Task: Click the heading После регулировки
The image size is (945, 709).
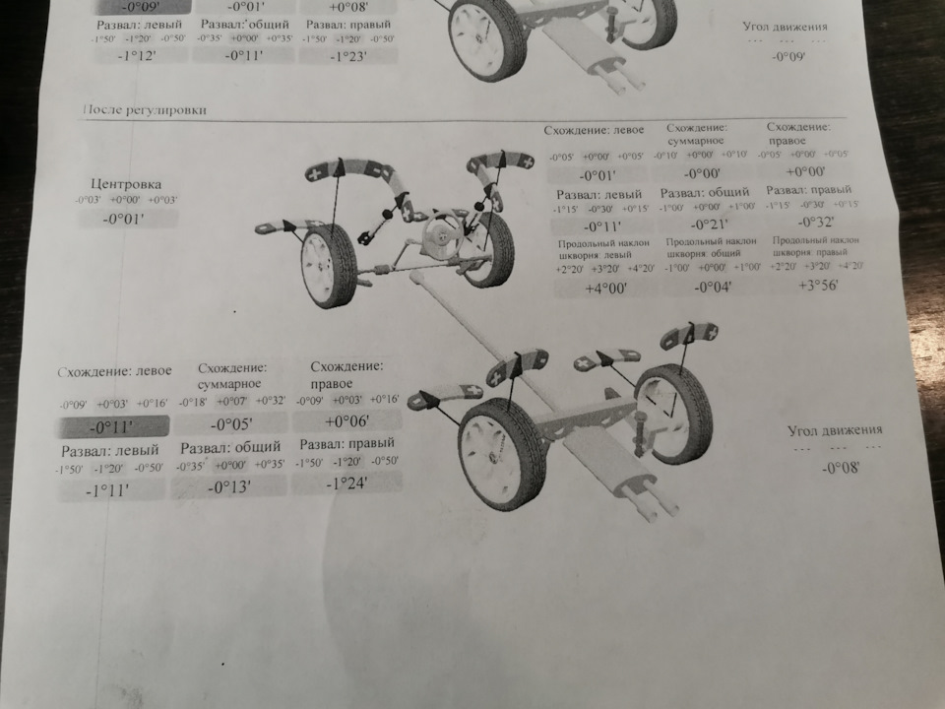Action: click(147, 110)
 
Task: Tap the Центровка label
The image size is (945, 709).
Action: click(126, 184)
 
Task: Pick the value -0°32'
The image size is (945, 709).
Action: click(807, 222)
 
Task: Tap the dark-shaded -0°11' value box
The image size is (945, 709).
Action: click(111, 427)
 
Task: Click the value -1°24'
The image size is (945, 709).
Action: click(346, 483)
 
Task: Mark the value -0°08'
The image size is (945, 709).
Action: click(841, 469)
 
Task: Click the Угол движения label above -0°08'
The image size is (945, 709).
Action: click(835, 430)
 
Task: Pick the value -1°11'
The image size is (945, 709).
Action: click(109, 489)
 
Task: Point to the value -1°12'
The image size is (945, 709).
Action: click(139, 57)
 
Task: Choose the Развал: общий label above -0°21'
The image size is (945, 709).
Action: click(704, 192)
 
